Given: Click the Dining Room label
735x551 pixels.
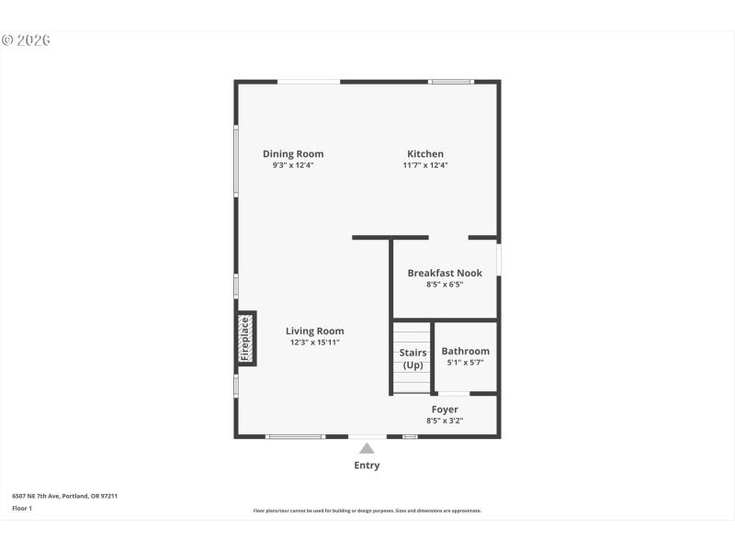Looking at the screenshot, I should (x=293, y=154).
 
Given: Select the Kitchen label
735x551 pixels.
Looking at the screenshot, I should (x=425, y=154).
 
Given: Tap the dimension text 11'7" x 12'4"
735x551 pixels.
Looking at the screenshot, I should (x=425, y=166).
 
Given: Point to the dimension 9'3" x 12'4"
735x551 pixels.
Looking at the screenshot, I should (x=293, y=166).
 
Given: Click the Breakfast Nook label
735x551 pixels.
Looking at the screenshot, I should (x=445, y=274).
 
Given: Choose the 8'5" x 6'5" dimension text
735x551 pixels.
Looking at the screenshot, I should (x=445, y=286).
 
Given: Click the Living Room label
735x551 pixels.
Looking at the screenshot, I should (x=314, y=332).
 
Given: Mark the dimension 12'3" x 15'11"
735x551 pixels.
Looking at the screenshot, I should (x=314, y=343).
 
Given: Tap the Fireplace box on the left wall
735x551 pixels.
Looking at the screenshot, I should (x=245, y=339).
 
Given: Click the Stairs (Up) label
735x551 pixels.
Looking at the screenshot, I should (x=413, y=358).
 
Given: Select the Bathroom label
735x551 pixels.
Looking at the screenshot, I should (x=465, y=352).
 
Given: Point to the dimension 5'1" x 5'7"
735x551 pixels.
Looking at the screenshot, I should (x=465, y=363).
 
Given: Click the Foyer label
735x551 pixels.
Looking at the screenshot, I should (x=445, y=410).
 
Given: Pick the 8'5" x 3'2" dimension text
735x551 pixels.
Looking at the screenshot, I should (x=445, y=421).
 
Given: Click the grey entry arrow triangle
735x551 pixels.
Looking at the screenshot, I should (x=367, y=449).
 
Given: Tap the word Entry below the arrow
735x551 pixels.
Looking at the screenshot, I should (x=367, y=466).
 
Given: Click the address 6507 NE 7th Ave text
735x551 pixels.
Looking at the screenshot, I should (x=64, y=496).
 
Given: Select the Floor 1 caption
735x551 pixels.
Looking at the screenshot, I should (x=22, y=508).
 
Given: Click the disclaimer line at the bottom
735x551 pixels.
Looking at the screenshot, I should (x=367, y=511).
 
